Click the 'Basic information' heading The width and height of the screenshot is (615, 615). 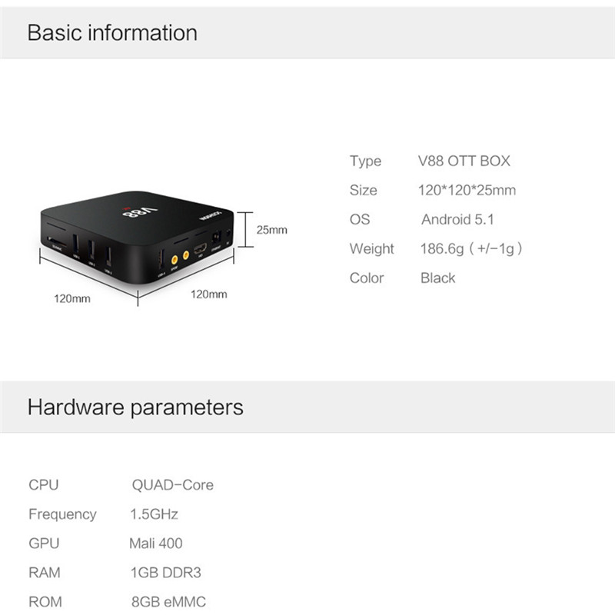112,33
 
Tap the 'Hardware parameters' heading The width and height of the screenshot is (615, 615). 135,407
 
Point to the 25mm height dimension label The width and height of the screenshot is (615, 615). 271,230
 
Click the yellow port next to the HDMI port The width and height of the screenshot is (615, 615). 185,254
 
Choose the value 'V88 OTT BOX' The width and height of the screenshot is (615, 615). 464,161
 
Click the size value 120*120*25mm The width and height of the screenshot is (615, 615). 467,191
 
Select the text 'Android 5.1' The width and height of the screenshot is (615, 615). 457,220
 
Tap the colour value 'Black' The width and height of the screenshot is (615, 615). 437,278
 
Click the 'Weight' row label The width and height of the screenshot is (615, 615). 371,249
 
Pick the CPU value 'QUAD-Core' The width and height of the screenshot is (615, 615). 172,485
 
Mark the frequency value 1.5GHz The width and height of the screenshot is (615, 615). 155,514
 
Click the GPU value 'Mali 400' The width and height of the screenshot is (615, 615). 156,544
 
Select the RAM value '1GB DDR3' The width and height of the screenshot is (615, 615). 166,573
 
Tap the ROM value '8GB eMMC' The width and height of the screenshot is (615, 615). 168,602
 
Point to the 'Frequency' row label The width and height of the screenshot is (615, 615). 62,514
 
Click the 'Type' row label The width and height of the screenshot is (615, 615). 365,161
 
